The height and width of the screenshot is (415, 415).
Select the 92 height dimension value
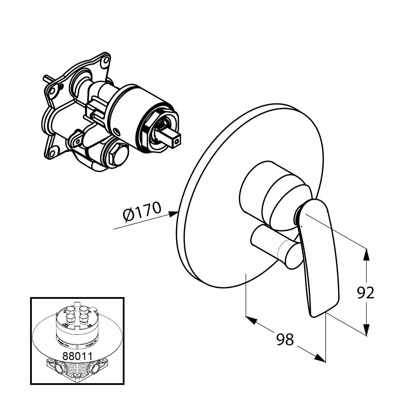pyautogui.click(x=365, y=293)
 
